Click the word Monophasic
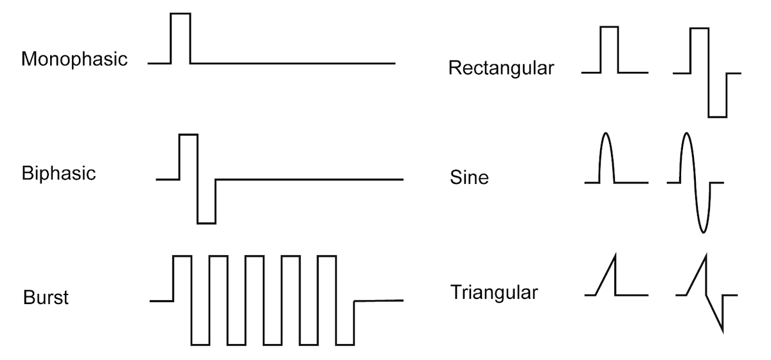click(x=75, y=60)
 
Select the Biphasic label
click(x=58, y=174)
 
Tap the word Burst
click(x=46, y=298)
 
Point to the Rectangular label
click(x=501, y=68)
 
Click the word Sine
click(x=469, y=177)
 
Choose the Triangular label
click(x=493, y=293)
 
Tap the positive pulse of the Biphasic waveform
click(x=189, y=156)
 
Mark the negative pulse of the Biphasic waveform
click(x=206, y=202)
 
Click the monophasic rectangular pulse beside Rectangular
click(x=609, y=49)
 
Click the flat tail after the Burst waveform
click(x=379, y=300)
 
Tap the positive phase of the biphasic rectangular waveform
click(x=699, y=50)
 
